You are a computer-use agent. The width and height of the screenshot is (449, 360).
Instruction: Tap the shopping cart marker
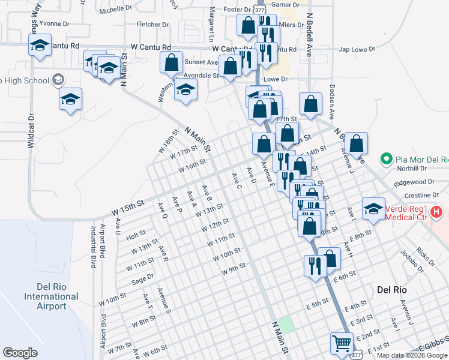[x=342, y=344]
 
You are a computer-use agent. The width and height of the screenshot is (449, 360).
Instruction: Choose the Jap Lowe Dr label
[x=357, y=50]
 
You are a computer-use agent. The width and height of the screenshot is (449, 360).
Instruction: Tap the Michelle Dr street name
[x=115, y=10]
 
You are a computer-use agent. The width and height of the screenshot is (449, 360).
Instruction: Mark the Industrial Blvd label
[x=94, y=247]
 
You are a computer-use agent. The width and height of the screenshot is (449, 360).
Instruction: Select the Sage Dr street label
[x=143, y=278]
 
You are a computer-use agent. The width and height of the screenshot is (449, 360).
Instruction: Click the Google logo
[x=20, y=353]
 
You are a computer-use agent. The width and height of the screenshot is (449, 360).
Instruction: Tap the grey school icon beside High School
[x=58, y=79]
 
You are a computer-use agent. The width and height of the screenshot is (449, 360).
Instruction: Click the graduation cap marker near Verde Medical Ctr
[x=373, y=209]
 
